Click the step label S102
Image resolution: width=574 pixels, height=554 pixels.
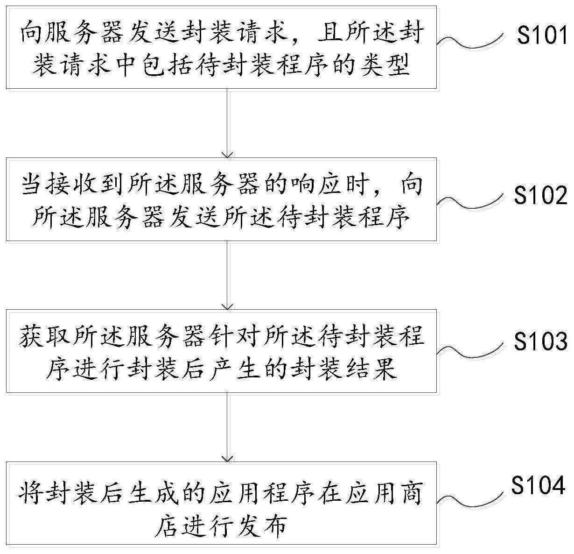pyautogui.click(x=541, y=196)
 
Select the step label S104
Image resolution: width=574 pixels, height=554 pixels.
pyautogui.click(x=538, y=486)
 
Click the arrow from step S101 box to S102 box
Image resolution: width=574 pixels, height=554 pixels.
pyautogui.click(x=227, y=123)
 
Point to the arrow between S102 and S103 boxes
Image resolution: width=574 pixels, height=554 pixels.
pyautogui.click(x=227, y=275)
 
